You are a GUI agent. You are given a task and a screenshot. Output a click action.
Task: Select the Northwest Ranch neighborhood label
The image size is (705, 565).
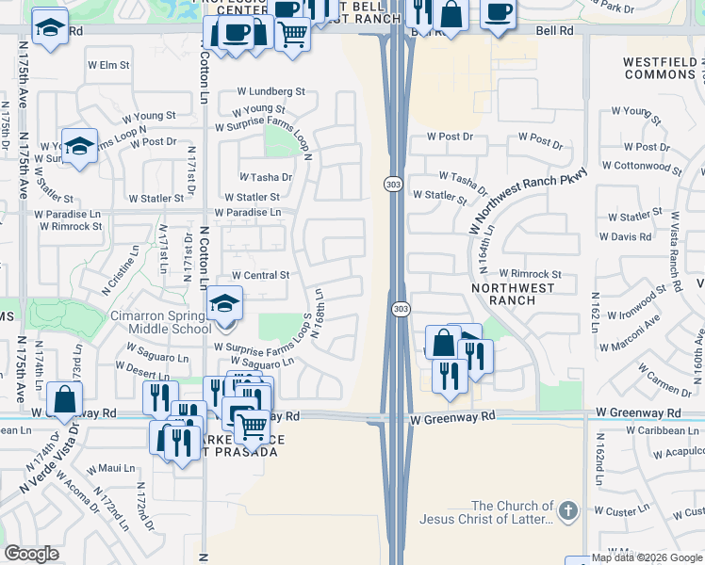pos(506,294)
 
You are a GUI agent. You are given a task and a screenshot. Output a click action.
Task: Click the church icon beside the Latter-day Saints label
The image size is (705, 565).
pos(567,511)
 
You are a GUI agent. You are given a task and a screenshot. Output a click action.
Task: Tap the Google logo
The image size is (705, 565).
pos(32,554)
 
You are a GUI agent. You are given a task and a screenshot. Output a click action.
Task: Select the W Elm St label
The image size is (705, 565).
pos(107,65)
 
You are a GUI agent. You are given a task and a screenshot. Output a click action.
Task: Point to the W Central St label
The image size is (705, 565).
pos(258,275)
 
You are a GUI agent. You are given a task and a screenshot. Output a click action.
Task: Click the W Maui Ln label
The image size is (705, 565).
pos(110,468)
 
